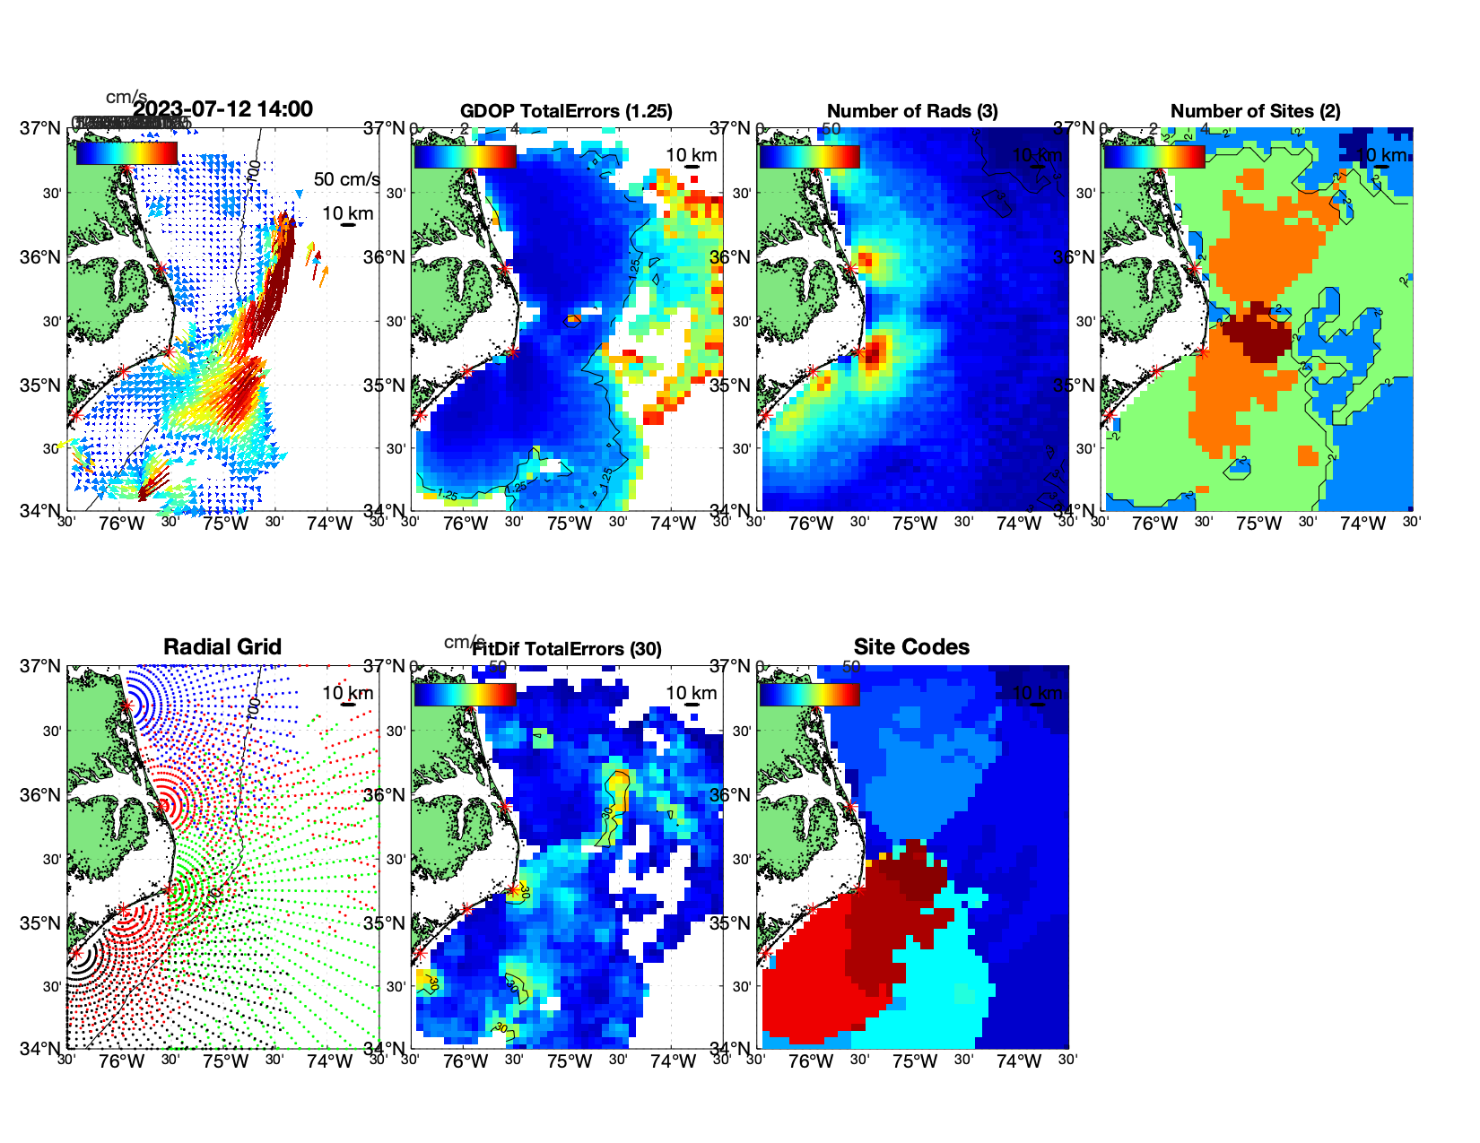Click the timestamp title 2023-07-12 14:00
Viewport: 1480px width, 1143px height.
[x=223, y=109]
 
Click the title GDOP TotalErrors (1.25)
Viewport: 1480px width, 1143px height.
[x=566, y=111]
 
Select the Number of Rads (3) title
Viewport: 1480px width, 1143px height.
[x=912, y=111]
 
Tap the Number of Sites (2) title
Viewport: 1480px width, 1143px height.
[x=1255, y=111]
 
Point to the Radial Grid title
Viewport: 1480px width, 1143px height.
[x=222, y=647]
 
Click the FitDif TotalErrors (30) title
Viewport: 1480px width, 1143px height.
[x=567, y=649]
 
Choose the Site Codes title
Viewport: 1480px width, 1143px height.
[x=911, y=647]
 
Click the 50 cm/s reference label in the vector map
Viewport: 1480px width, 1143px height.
[x=346, y=179]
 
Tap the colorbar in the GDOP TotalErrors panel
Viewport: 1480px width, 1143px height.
[x=466, y=156]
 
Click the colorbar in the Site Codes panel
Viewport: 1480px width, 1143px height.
[x=809, y=694]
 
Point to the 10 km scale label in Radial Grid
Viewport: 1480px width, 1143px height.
[x=347, y=693]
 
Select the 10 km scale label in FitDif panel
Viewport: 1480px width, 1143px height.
[x=691, y=693]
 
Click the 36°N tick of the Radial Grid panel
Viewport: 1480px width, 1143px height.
[x=40, y=795]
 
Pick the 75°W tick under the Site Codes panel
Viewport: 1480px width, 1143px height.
[x=914, y=1061]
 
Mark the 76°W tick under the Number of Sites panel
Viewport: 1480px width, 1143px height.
[x=1154, y=524]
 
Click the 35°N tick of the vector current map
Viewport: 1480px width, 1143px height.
[x=40, y=385]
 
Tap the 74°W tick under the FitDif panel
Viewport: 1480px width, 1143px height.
[x=674, y=1061]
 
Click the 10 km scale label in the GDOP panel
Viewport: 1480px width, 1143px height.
[x=691, y=155]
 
